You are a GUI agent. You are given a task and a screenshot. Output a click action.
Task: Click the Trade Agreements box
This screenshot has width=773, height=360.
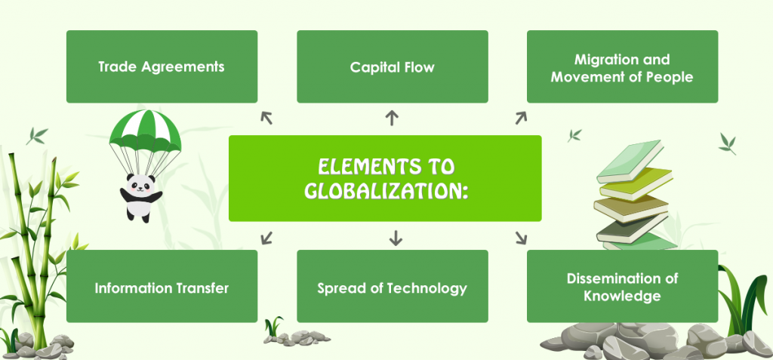pos(162,66)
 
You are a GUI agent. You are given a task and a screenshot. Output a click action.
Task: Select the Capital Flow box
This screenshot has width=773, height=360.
pos(393,66)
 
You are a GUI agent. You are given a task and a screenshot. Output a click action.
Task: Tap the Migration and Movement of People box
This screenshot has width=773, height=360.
pos(622,66)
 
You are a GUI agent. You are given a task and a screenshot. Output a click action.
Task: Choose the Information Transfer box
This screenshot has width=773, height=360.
pos(162,286)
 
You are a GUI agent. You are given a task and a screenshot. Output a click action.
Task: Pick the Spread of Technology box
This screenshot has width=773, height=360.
pos(393,286)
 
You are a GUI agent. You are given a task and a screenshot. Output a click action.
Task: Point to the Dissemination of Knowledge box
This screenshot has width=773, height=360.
pos(622,286)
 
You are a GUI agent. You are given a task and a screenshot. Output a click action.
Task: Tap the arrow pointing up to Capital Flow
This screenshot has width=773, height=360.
pos(392,118)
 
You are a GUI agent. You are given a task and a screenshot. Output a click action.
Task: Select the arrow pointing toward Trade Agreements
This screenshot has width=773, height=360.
pos(266,118)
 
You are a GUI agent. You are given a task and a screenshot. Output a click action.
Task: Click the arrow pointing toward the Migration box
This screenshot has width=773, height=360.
pos(521,118)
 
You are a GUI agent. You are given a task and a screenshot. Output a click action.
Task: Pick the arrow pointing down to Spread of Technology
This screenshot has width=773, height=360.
pos(396,238)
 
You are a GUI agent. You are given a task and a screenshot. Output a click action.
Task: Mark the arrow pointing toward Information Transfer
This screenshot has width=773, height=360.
pos(266,238)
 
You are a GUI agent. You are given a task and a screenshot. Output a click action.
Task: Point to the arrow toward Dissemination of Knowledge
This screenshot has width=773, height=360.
pos(521,238)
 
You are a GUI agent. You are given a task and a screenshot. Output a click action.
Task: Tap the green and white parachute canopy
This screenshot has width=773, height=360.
pos(145,130)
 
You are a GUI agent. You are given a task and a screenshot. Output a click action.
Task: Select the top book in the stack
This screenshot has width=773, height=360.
pos(630,161)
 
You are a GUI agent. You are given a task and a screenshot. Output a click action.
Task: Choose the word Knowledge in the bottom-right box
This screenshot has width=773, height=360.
pos(622,296)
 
